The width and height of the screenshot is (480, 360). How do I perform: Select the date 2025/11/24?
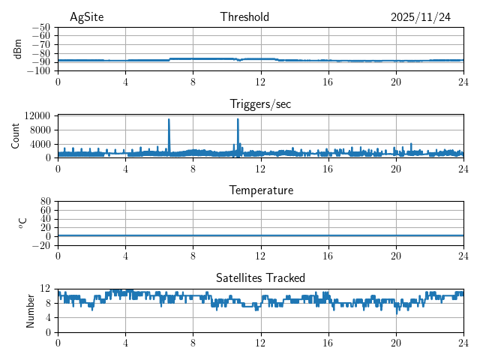click(x=420, y=17)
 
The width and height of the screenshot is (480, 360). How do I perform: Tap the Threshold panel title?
click(x=244, y=17)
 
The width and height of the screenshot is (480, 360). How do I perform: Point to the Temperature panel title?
click(x=261, y=190)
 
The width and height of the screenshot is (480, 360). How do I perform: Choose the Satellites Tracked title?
click(x=260, y=277)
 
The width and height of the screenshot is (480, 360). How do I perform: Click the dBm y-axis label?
click(x=18, y=49)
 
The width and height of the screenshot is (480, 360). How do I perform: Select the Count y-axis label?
click(x=15, y=136)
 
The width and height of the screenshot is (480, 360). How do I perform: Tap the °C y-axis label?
click(x=22, y=223)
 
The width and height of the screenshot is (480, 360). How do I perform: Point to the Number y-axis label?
click(x=30, y=310)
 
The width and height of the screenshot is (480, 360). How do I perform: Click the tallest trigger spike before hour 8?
click(x=169, y=120)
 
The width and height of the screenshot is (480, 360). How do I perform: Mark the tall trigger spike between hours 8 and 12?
click(x=238, y=120)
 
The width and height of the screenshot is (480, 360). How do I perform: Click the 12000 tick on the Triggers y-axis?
click(x=37, y=115)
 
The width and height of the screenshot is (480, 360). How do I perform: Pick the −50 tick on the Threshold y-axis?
click(x=41, y=27)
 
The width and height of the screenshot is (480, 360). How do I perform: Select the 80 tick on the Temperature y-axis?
click(x=46, y=202)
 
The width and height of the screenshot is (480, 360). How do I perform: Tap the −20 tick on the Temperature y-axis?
click(x=41, y=245)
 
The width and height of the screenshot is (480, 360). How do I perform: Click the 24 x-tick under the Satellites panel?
click(x=463, y=342)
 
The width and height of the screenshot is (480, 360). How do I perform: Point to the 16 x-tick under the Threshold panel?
click(x=328, y=81)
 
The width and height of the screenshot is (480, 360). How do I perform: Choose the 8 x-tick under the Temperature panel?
click(x=193, y=255)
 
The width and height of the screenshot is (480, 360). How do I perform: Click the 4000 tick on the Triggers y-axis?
click(x=40, y=143)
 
